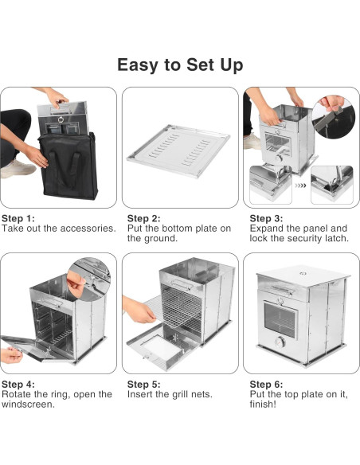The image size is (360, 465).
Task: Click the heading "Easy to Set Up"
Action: pos(180,64)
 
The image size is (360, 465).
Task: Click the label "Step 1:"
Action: pos(18,218)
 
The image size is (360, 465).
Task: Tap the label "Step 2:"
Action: pos(144,218)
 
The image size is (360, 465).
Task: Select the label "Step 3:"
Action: pos(266,218)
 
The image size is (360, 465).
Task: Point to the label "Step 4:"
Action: pos(18,385)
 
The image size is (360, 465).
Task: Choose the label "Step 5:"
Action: pos(144,385)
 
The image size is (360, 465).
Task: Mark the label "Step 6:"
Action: pos(266,385)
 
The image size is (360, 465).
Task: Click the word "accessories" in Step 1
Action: pos(86,229)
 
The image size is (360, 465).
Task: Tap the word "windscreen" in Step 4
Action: pos(27,404)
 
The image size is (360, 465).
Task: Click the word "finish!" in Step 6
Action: pos(263,404)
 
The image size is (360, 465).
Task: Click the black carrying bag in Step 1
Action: pos(68,167)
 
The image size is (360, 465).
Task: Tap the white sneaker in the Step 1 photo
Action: pos(18,169)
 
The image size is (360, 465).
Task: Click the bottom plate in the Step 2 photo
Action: pos(178,150)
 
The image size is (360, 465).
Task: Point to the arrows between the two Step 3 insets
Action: pos(300,186)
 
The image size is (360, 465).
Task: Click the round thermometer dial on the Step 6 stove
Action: pos(280,342)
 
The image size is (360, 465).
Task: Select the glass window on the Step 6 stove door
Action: pos(280,320)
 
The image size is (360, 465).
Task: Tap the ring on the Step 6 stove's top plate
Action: pos(303,273)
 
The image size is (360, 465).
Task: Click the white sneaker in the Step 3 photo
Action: pos(252,142)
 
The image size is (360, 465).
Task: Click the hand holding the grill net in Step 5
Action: pos(139,311)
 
